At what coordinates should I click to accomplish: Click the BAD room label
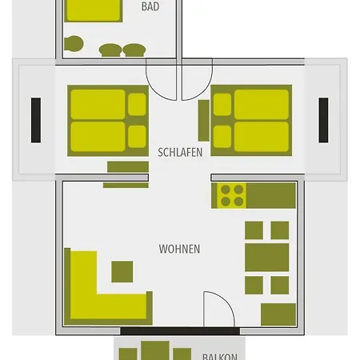click(x=150, y=7)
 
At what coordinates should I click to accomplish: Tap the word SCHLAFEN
click(x=180, y=152)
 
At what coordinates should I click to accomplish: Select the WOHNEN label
click(x=179, y=249)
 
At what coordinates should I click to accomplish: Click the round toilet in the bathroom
click(x=74, y=44)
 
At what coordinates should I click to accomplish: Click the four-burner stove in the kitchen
click(x=232, y=195)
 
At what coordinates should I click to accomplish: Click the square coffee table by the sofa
click(x=122, y=271)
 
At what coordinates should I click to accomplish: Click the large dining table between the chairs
click(x=267, y=258)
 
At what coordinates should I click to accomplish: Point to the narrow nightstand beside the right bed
click(x=203, y=119)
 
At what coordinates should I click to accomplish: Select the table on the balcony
click(x=153, y=352)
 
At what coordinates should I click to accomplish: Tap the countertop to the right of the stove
click(x=272, y=194)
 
